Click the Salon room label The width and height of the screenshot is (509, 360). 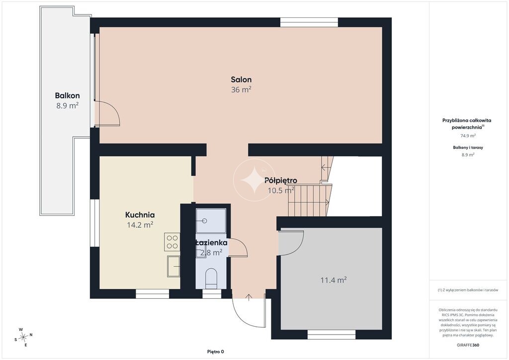pyautogui.click(x=241, y=80)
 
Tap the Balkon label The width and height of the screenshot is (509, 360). pyautogui.click(x=67, y=96)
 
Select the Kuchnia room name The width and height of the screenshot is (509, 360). pyautogui.click(x=140, y=215)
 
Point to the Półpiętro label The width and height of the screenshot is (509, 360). pyautogui.click(x=281, y=180)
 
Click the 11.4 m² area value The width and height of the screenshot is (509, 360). pyautogui.click(x=334, y=280)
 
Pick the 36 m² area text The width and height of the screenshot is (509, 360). pyautogui.click(x=241, y=90)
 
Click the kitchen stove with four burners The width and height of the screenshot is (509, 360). pyautogui.click(x=172, y=242)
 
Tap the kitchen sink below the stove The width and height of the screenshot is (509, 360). pyautogui.click(x=173, y=266)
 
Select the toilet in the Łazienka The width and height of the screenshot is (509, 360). pyautogui.click(x=211, y=278)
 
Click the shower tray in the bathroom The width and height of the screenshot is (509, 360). pyautogui.click(x=211, y=221)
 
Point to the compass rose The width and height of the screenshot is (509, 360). pyautogui.click(x=23, y=338)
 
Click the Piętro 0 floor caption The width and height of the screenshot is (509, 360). pyautogui.click(x=216, y=352)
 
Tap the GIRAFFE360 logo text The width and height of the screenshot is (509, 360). pyautogui.click(x=468, y=345)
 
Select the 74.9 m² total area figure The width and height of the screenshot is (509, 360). pyautogui.click(x=468, y=136)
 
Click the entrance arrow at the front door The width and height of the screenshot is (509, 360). pyautogui.click(x=249, y=297)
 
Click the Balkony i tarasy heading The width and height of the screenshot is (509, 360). pyautogui.click(x=468, y=147)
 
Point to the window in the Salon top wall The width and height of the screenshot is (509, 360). pyautogui.click(x=309, y=22)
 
